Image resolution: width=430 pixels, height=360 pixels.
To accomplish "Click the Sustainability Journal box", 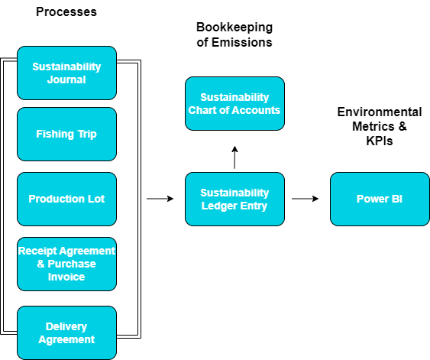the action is (x=66, y=73).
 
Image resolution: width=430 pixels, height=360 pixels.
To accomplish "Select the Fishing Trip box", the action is (x=66, y=135).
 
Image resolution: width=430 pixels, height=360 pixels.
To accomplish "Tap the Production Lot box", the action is (x=66, y=199).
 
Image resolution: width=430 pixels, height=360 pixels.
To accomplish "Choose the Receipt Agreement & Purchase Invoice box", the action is (x=66, y=264).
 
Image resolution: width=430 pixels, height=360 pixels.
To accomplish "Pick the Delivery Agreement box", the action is (x=66, y=332).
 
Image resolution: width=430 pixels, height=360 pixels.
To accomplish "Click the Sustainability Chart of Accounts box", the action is (x=234, y=103).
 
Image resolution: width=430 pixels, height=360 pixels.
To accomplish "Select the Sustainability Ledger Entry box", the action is (x=234, y=199).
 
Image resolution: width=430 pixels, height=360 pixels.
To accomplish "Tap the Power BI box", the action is (x=380, y=199).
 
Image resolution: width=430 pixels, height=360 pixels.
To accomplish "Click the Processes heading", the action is (x=66, y=12).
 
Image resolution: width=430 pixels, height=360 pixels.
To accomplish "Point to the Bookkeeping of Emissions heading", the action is (x=234, y=34).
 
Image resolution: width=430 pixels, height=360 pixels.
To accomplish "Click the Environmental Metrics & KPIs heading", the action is (x=380, y=126).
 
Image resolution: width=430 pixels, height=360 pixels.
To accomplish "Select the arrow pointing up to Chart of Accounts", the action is (x=234, y=157).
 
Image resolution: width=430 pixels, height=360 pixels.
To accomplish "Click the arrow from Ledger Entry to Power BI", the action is (x=305, y=199).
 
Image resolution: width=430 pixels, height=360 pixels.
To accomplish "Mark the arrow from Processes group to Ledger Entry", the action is (x=160, y=199).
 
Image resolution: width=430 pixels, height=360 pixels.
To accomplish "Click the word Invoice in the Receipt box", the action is (x=66, y=277).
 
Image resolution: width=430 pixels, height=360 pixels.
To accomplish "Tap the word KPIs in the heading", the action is (x=380, y=141).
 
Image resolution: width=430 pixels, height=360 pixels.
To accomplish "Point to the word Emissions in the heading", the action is (x=242, y=43).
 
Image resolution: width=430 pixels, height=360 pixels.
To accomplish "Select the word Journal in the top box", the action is (x=66, y=79).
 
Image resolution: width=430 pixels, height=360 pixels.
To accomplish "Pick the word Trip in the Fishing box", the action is (x=87, y=135).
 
